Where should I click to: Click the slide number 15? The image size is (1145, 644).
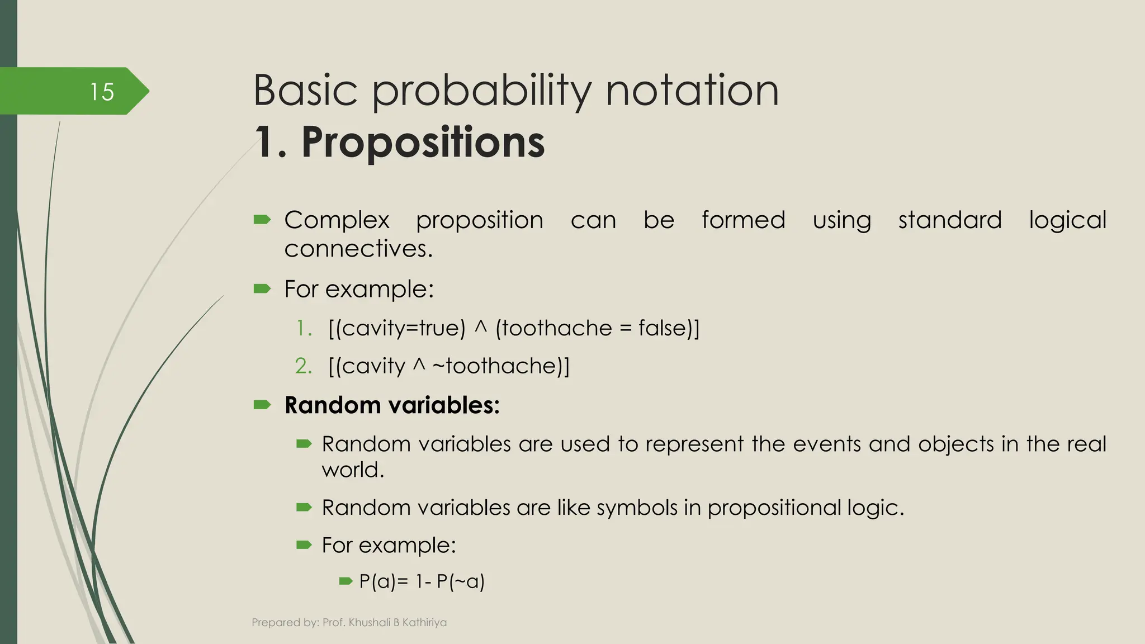click(x=102, y=92)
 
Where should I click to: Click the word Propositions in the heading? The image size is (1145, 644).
click(x=423, y=143)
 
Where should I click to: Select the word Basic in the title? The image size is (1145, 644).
click(x=305, y=91)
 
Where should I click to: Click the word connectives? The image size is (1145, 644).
click(x=358, y=249)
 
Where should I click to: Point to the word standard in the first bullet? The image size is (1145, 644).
click(x=949, y=220)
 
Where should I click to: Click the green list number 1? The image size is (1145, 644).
click(x=303, y=328)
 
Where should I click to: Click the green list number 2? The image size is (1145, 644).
click(x=303, y=366)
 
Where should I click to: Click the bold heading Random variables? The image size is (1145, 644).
click(x=391, y=405)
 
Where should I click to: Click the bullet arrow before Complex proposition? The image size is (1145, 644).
click(x=262, y=220)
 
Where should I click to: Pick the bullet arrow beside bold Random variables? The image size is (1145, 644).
click(x=262, y=405)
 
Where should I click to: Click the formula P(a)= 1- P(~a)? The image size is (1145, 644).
click(x=422, y=581)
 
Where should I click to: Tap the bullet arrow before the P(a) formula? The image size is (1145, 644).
click(x=346, y=581)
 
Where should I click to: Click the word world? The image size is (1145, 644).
click(x=352, y=470)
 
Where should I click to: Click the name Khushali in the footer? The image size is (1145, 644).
click(x=368, y=622)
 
